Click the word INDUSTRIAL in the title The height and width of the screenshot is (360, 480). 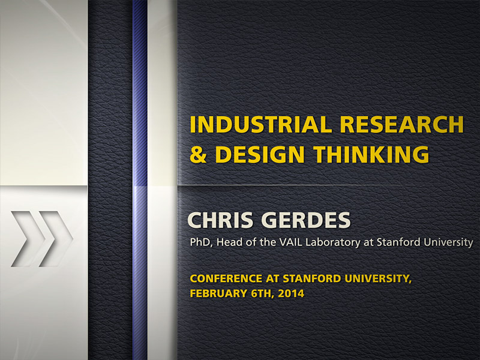[x=260, y=124]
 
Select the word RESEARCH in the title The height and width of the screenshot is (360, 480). [x=401, y=124]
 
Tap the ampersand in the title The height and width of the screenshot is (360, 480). [x=198, y=154]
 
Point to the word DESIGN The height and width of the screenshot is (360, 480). [x=260, y=154]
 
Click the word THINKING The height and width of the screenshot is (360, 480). [x=371, y=154]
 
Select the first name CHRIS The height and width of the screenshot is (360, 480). [x=220, y=220]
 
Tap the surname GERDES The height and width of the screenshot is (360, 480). [x=306, y=220]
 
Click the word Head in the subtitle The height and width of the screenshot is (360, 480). [x=227, y=242]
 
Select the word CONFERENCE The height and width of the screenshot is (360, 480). [x=226, y=278]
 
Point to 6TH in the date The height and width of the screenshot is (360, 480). [x=261, y=293]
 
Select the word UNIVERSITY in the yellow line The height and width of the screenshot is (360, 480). [x=378, y=279]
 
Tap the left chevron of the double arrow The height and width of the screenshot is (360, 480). [x=28, y=239]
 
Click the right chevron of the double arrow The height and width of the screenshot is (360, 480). [x=56, y=239]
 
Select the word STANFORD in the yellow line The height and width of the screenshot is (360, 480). [x=312, y=278]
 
